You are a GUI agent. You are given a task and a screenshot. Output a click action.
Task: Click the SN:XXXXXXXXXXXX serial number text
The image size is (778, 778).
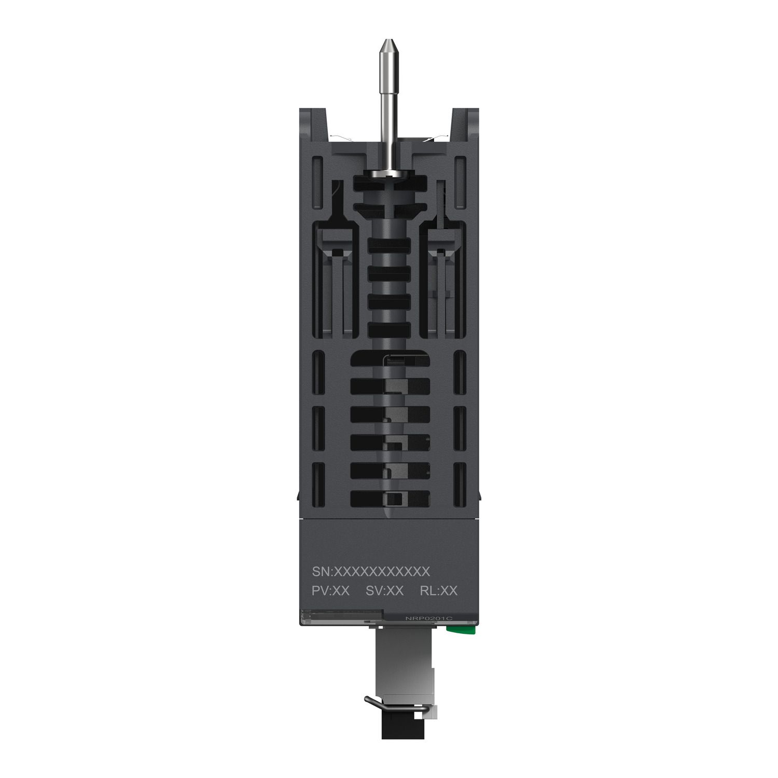[371, 571]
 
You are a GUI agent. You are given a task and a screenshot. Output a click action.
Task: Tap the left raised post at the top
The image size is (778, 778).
[313, 124]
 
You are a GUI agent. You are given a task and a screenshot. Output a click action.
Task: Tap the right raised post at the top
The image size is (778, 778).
[465, 124]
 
